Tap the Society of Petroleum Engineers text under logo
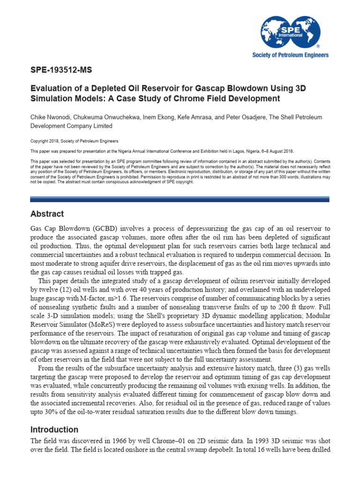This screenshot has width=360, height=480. coord(291,55)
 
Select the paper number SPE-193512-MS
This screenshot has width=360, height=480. coord(61,71)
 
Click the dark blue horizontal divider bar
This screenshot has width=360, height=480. coord(180,199)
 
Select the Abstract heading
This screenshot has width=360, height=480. coord(47,214)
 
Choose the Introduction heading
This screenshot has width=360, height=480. coord(54,429)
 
